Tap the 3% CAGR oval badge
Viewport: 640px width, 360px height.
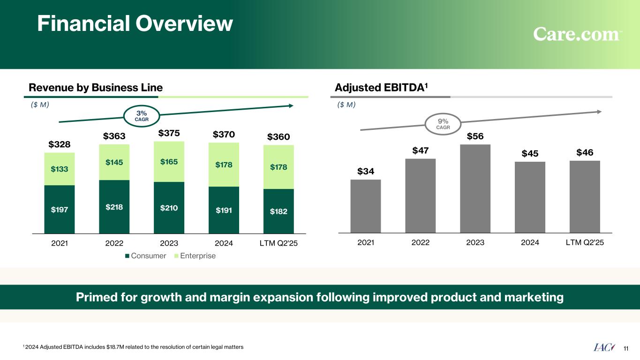142,115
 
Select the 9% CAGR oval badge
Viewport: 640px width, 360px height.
443,124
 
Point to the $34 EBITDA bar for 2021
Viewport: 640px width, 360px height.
365,206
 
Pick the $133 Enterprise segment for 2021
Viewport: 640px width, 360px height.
60,169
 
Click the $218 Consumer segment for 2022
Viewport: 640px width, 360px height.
114,207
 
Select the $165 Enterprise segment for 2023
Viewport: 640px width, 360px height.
169,162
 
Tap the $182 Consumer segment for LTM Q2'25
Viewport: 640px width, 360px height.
279,211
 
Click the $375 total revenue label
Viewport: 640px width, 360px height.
169,134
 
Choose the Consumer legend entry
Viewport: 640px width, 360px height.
146,256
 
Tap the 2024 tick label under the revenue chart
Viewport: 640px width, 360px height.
224,243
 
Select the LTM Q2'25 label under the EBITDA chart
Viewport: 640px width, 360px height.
585,243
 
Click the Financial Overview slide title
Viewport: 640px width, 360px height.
135,23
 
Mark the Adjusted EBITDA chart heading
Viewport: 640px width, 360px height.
382,87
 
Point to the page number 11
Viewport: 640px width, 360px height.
625,348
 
